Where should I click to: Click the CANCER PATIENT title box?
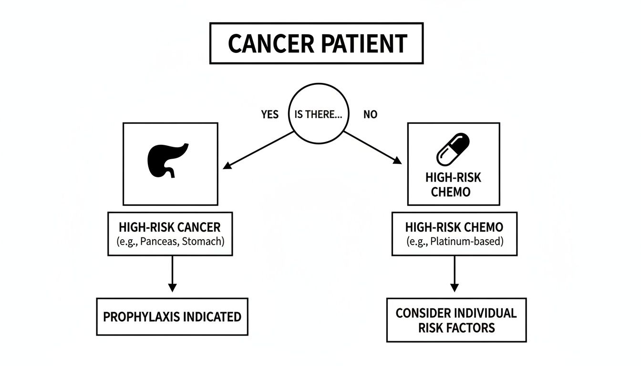(x=316, y=43)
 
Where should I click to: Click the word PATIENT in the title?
(x=364, y=44)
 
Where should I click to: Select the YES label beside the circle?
(x=270, y=115)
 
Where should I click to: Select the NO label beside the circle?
(x=370, y=115)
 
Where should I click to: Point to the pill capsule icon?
(x=453, y=149)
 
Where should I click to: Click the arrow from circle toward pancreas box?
(x=258, y=150)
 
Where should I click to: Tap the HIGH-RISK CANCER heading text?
(x=170, y=227)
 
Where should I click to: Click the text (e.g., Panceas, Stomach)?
(x=170, y=241)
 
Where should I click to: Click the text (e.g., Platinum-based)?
(x=454, y=241)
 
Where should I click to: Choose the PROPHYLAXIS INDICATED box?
(x=172, y=316)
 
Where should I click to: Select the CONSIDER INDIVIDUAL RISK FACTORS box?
(x=456, y=320)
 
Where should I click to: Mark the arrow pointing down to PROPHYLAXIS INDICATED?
(x=172, y=274)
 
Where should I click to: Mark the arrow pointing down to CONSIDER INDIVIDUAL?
(x=454, y=274)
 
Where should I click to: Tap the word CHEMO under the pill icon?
(x=450, y=192)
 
